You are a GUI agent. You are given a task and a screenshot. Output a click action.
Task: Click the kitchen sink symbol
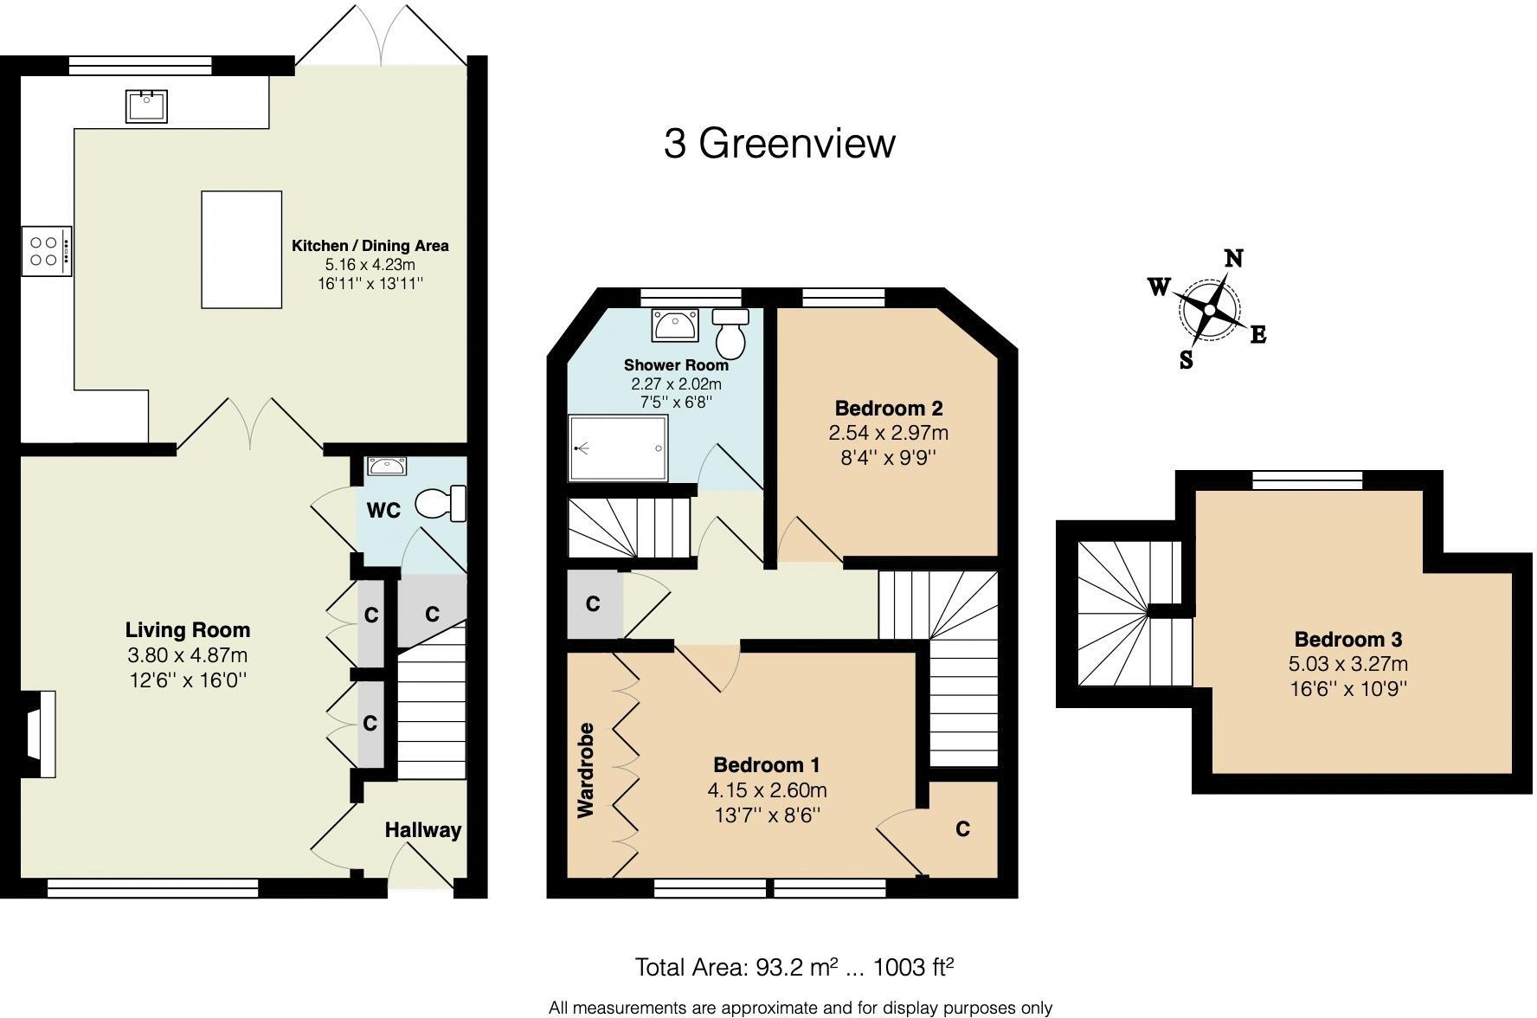(145, 106)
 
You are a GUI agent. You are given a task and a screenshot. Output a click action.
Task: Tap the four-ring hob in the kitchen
(45, 251)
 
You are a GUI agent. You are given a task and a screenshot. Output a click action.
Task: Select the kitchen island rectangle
(241, 249)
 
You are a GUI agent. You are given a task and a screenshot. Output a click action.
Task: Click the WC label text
(383, 511)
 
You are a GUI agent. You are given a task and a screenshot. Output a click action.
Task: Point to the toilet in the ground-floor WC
(441, 504)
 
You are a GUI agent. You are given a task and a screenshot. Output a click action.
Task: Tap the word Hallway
(422, 830)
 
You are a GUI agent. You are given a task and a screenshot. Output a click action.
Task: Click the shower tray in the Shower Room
(618, 448)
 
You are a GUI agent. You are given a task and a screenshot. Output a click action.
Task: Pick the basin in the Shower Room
(677, 326)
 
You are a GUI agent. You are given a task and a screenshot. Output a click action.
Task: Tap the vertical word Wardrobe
(586, 770)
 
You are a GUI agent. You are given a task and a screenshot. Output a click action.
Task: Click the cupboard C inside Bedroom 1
(962, 829)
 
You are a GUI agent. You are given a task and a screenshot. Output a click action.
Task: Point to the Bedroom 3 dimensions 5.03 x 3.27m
(1347, 665)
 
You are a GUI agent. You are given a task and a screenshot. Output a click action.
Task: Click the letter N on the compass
(1233, 258)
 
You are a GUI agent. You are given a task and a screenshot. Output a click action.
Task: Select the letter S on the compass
(1186, 360)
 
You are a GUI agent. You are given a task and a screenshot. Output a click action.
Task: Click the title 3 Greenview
(779, 144)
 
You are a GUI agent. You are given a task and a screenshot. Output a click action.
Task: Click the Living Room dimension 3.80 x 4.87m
(188, 655)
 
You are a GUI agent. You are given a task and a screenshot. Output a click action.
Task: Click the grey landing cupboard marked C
(593, 603)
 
